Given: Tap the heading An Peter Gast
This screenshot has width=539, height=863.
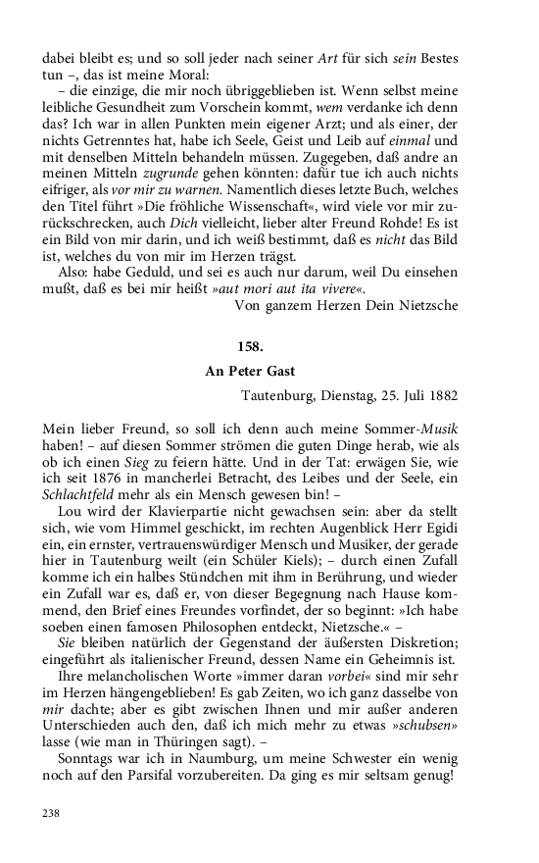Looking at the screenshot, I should click(x=251, y=373).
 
